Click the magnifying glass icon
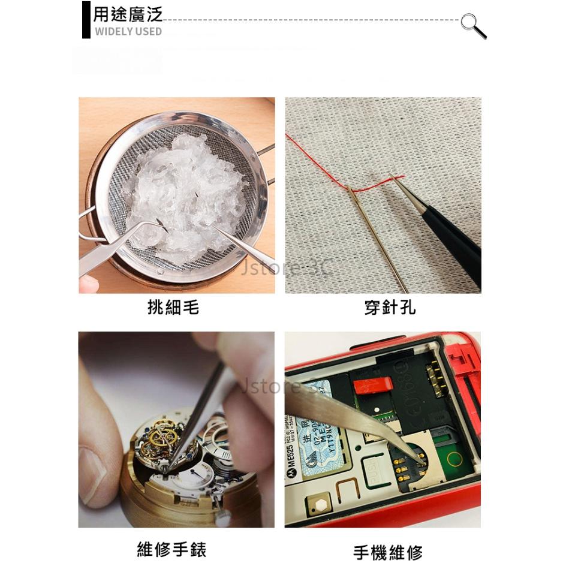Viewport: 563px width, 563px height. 473,25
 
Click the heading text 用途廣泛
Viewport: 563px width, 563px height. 128,14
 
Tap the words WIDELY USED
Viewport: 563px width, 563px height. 128,31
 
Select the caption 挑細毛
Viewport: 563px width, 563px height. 173,308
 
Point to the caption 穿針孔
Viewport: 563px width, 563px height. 390,308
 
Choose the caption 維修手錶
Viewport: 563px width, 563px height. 171,549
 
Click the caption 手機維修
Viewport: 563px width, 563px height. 388,552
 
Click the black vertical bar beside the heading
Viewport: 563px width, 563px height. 86,20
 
